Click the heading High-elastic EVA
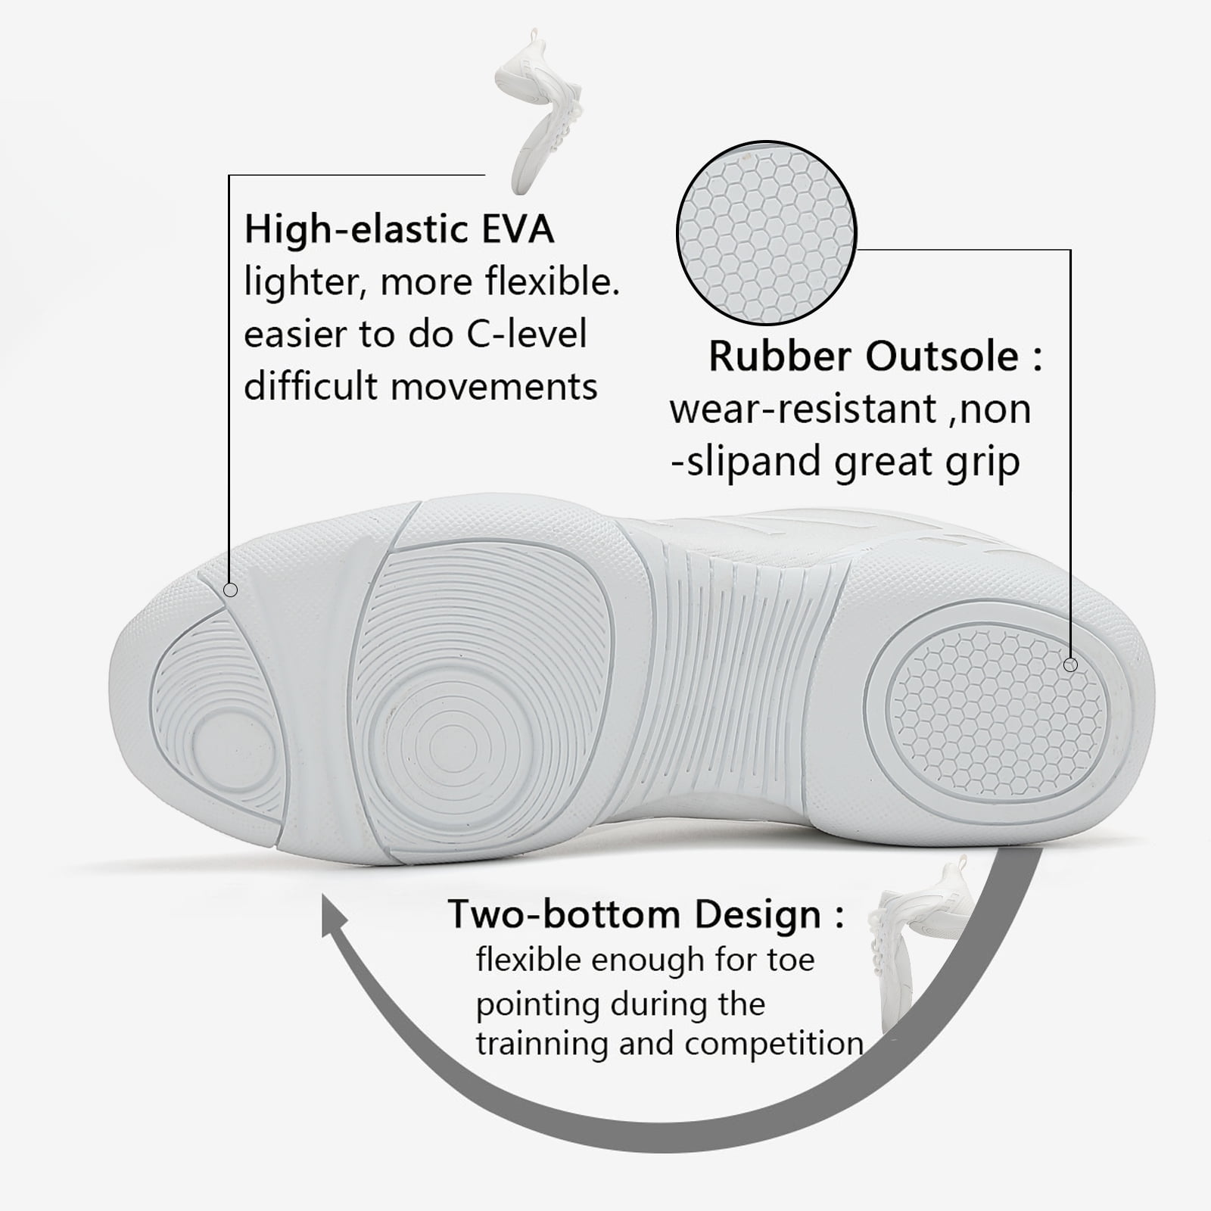(399, 229)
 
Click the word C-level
(526, 334)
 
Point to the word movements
(493, 387)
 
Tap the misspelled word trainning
(544, 1044)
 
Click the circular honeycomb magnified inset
(766, 233)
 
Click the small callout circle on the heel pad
(1069, 665)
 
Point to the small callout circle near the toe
(231, 590)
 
